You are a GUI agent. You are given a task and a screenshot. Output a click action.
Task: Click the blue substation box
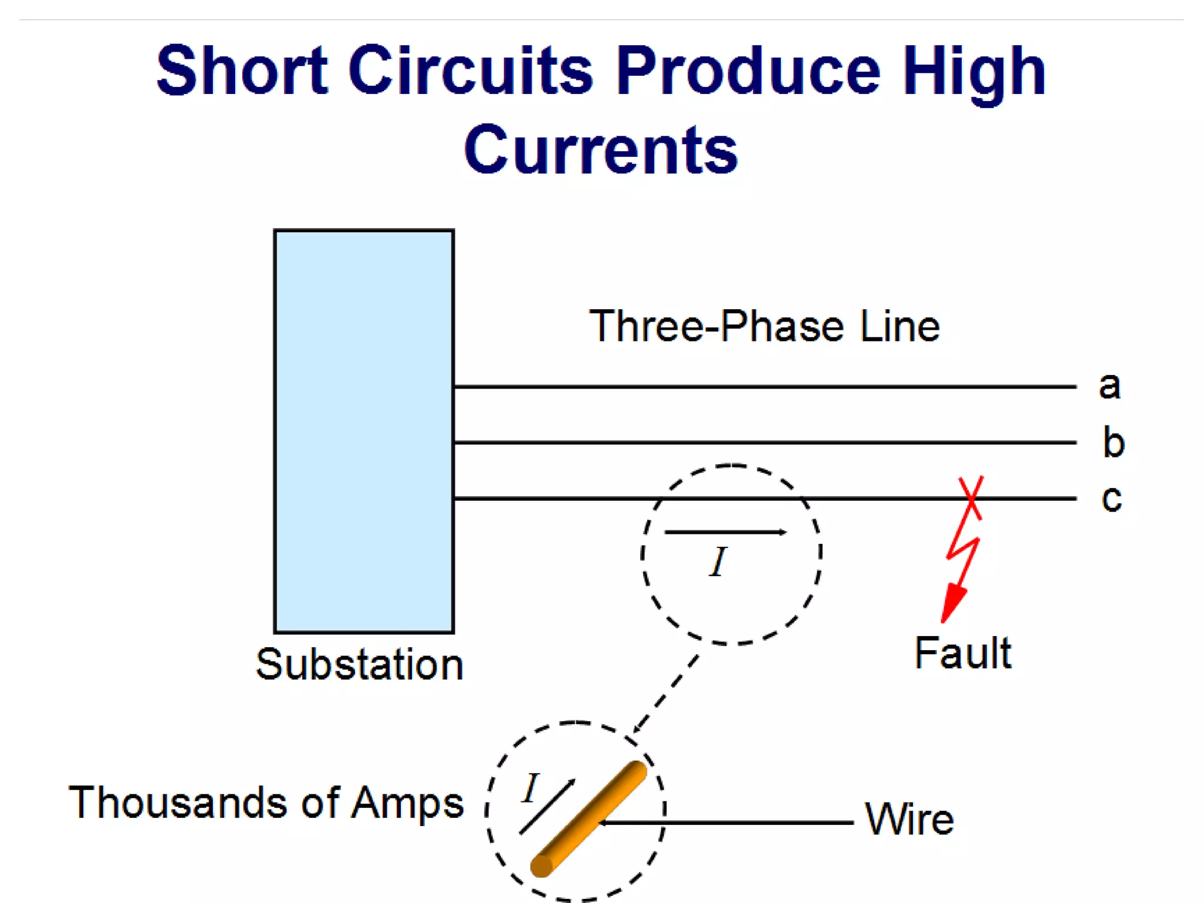(364, 431)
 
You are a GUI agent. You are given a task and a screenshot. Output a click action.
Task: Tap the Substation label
(360, 665)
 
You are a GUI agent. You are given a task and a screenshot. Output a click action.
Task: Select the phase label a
(1109, 386)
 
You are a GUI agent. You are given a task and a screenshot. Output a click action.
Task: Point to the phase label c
(1111, 499)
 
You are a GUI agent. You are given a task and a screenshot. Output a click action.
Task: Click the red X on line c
(971, 498)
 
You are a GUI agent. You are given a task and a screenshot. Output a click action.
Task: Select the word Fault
(963, 653)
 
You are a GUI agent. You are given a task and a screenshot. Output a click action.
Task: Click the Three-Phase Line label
(764, 326)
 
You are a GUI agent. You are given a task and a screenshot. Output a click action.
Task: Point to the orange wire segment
(588, 819)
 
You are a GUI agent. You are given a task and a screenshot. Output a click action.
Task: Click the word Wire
(909, 819)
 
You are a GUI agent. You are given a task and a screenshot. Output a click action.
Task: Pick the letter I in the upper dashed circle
(718, 562)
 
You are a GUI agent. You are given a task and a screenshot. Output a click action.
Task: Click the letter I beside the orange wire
(531, 788)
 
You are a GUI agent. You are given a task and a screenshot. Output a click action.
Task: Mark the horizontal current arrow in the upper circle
(725, 533)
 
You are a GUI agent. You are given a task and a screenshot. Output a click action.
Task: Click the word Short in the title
(242, 71)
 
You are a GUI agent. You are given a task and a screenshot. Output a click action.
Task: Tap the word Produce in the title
(748, 71)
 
